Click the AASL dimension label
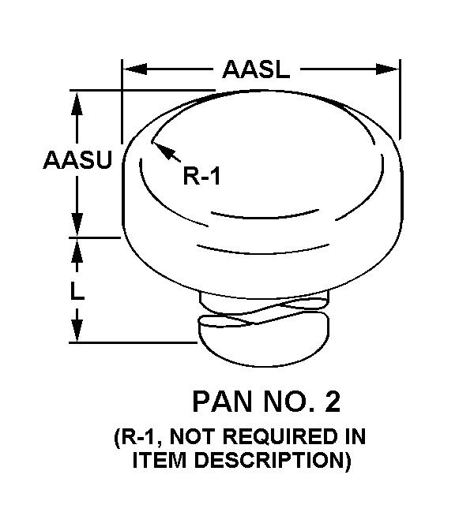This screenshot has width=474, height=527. [x=256, y=69]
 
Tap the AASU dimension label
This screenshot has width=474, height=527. [x=77, y=159]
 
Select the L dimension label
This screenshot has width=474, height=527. [x=77, y=290]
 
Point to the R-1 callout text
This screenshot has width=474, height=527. [x=201, y=175]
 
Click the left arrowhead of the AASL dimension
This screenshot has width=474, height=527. [x=134, y=69]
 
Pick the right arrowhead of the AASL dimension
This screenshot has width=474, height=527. [x=387, y=69]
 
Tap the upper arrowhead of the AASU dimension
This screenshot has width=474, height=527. [x=77, y=103]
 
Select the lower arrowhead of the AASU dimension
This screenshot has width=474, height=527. [x=77, y=225]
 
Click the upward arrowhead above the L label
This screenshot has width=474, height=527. [x=77, y=250]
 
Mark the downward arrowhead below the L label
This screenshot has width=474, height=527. [x=77, y=330]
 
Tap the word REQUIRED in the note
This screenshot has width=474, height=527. [x=280, y=436]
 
